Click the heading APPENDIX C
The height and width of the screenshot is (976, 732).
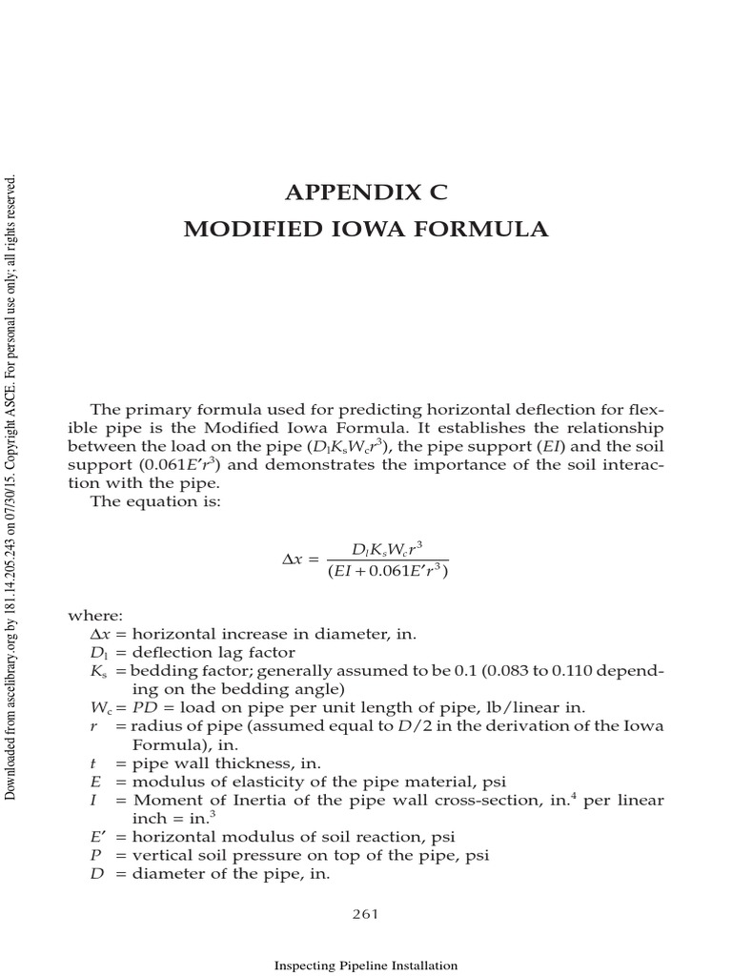pos(366,193)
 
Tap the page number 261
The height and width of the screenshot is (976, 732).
pos(366,914)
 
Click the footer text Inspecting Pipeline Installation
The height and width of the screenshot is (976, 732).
pos(366,966)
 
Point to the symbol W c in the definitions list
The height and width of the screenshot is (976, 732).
pos(101,707)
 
